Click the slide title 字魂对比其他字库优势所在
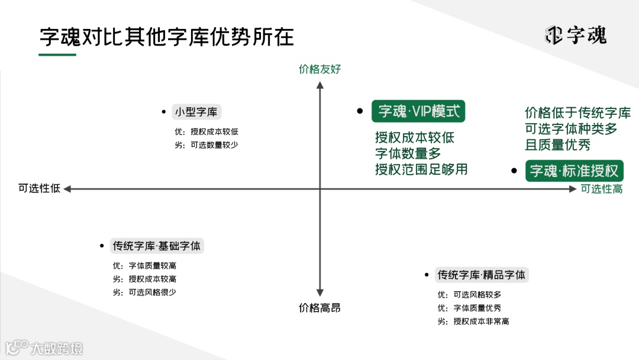pyautogui.click(x=167, y=37)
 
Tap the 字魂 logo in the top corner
pyautogui.click(x=576, y=36)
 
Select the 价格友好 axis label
pyautogui.click(x=320, y=69)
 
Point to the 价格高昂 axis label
pyautogui.click(x=319, y=308)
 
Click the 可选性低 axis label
pyautogui.click(x=39, y=188)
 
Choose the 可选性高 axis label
pyautogui.click(x=601, y=189)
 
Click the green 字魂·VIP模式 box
pyautogui.click(x=418, y=111)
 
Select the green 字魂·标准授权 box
pyautogui.click(x=573, y=171)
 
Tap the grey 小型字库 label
pyautogui.click(x=196, y=112)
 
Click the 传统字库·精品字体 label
pyautogui.click(x=481, y=275)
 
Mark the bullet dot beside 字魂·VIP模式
pyautogui.click(x=359, y=111)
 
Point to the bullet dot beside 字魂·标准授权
pyautogui.click(x=514, y=171)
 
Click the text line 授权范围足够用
pyautogui.click(x=421, y=169)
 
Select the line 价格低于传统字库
pyautogui.click(x=577, y=113)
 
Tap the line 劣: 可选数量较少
pyautogui.click(x=206, y=145)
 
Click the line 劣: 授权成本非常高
pyautogui.click(x=473, y=322)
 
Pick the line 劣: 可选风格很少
pyautogui.click(x=144, y=292)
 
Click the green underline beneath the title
pyautogui.click(x=57, y=55)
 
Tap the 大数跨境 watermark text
pyautogui.click(x=57, y=348)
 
